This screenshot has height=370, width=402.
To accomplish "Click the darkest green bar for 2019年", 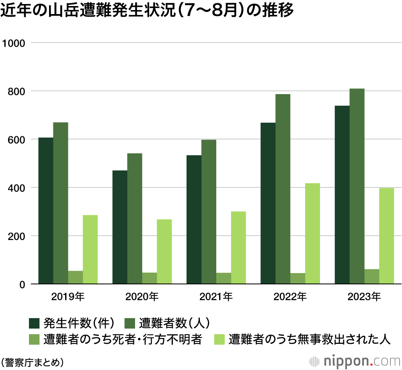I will click(x=46, y=211).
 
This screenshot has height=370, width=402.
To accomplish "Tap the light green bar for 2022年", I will click(x=312, y=234).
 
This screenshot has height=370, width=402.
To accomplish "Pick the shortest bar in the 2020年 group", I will click(x=150, y=278).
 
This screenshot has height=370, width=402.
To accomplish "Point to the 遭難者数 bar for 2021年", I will click(x=209, y=212).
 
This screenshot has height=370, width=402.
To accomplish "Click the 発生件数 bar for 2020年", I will click(x=120, y=227).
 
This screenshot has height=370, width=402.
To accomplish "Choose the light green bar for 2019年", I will click(x=90, y=250).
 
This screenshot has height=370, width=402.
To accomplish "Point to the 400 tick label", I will click(x=17, y=188).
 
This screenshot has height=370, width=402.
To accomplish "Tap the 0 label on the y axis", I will click(x=23, y=284).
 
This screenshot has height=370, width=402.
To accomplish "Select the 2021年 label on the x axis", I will click(x=216, y=298).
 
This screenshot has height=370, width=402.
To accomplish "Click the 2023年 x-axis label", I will click(x=364, y=298).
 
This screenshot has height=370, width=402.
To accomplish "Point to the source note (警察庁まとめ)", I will click(x=32, y=361).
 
